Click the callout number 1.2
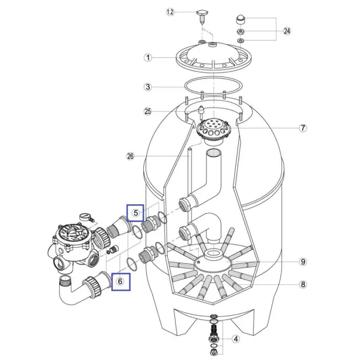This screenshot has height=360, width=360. click(x=170, y=12)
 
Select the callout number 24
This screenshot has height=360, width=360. click(x=287, y=31)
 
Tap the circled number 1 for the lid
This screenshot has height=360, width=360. click(x=148, y=57)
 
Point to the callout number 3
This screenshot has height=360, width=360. click(x=148, y=87)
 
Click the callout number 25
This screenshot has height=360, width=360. click(x=147, y=112)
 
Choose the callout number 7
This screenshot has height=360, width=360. click(x=303, y=128)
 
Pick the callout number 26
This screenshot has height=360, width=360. click(x=130, y=156)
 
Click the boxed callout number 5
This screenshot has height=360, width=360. click(x=136, y=213)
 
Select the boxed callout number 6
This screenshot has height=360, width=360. click(x=121, y=282)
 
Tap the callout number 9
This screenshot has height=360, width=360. click(x=303, y=261)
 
